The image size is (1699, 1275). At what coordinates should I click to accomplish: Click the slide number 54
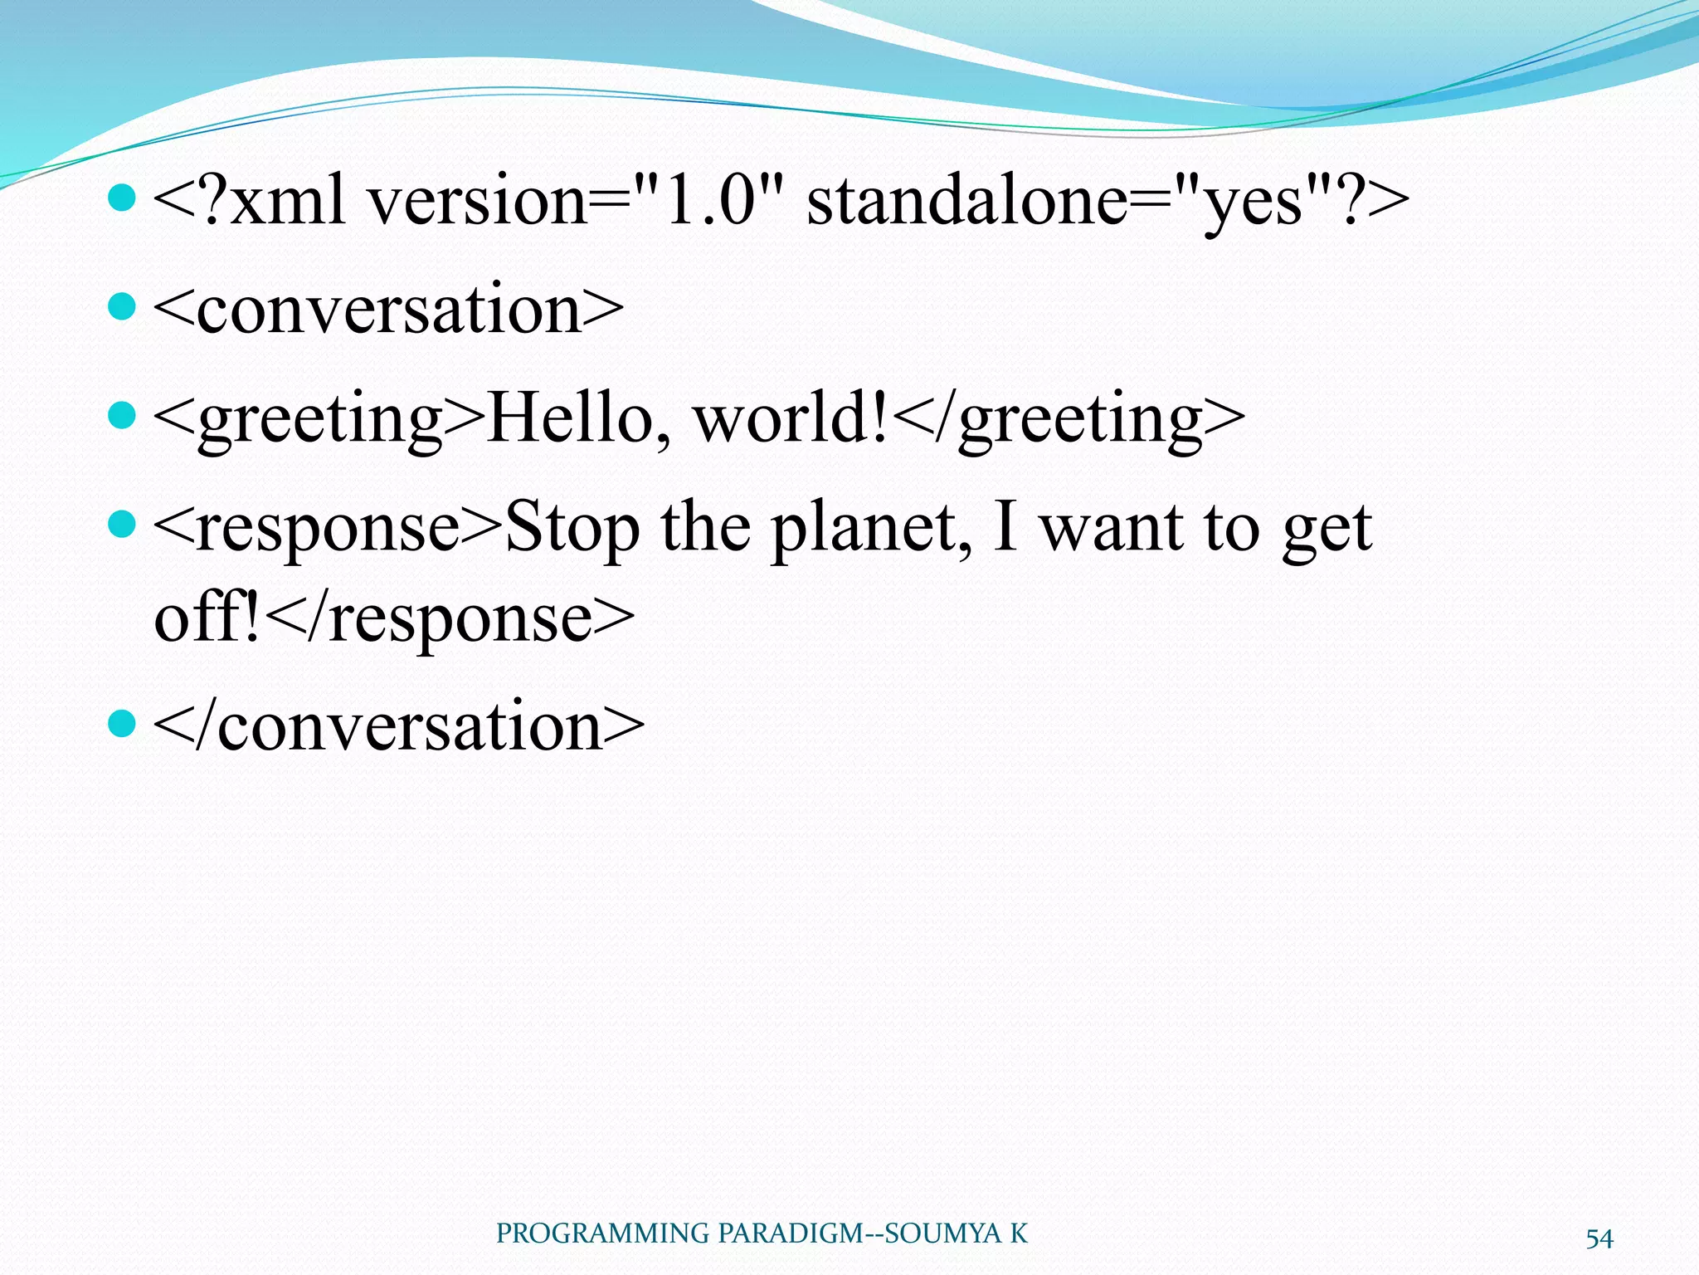[x=1599, y=1238]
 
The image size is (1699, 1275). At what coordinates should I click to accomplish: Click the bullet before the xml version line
[x=122, y=198]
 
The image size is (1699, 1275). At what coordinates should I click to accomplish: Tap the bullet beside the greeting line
[x=122, y=415]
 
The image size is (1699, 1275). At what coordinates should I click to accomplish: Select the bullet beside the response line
[x=122, y=524]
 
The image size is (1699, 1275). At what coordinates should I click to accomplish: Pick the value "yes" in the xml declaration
[x=1253, y=204]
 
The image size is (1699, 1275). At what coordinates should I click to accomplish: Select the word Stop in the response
[x=572, y=529]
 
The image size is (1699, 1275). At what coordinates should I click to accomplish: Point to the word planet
[x=871, y=529]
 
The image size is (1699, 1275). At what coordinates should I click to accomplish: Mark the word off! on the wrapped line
[x=207, y=618]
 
